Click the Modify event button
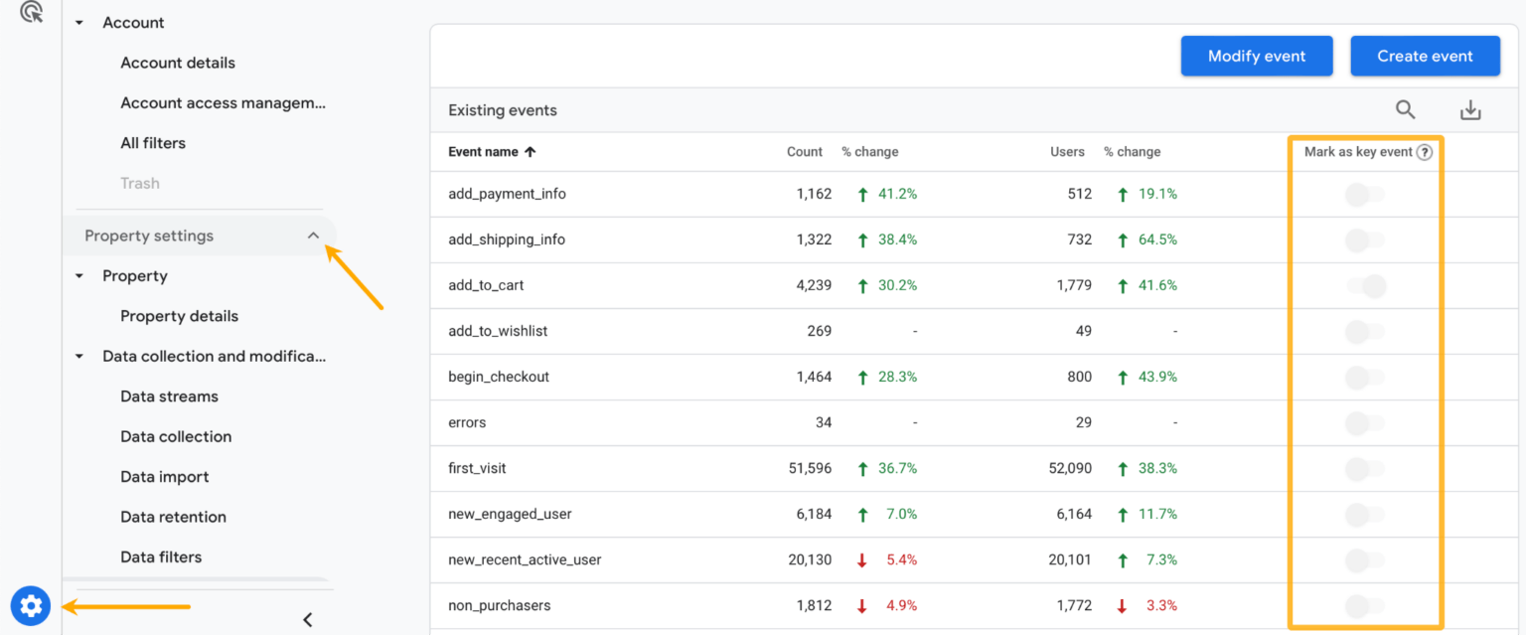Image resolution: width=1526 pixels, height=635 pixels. click(x=1256, y=57)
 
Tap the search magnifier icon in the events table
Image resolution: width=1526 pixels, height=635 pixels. click(x=1405, y=110)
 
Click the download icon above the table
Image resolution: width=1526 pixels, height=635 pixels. click(x=1470, y=110)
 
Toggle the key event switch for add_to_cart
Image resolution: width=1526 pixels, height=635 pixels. click(x=1366, y=286)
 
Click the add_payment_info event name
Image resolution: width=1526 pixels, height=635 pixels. click(x=507, y=194)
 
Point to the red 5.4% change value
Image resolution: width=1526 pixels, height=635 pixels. click(x=900, y=559)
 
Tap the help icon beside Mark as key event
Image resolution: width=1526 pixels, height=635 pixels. click(x=1425, y=152)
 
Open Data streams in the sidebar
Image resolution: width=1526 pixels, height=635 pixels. click(x=169, y=397)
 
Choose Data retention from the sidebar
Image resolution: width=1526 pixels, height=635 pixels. click(x=173, y=517)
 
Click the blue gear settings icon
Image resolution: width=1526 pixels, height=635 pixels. click(x=31, y=605)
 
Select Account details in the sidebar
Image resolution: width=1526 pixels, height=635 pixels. click(x=178, y=63)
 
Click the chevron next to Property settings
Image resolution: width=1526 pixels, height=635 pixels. click(x=313, y=236)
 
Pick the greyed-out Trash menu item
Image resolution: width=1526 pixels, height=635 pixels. click(x=140, y=183)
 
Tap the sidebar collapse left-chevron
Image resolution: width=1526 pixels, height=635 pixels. click(x=308, y=620)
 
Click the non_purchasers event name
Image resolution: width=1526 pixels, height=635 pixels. click(x=499, y=605)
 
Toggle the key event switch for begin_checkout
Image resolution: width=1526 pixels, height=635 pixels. click(x=1364, y=378)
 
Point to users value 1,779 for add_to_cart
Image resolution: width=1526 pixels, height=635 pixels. click(x=1071, y=285)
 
